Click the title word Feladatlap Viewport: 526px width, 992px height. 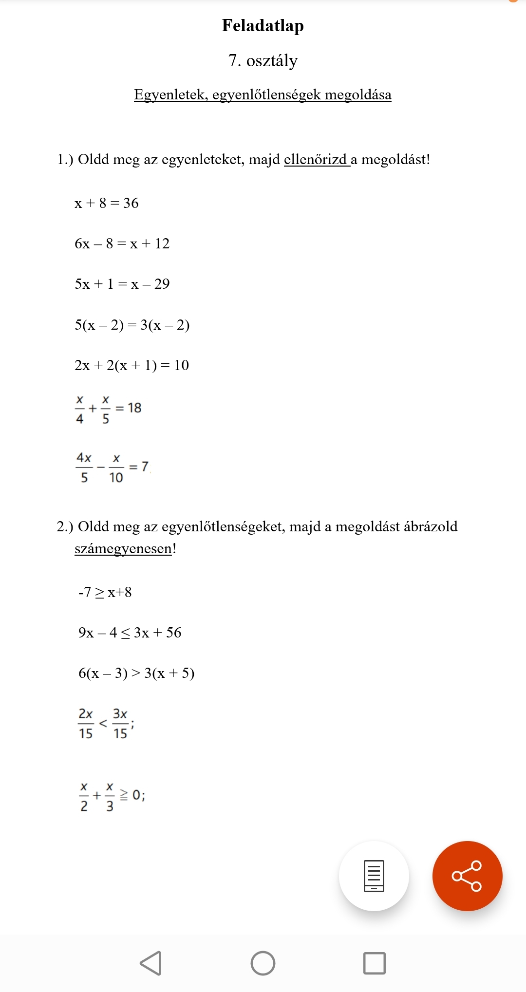(x=263, y=25)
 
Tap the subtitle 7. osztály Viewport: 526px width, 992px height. (x=263, y=61)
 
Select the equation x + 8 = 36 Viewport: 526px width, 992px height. (x=107, y=203)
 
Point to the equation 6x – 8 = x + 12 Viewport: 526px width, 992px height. (x=122, y=243)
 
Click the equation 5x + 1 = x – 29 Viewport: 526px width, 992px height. (x=122, y=284)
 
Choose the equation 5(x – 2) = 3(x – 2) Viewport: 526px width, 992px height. (x=131, y=325)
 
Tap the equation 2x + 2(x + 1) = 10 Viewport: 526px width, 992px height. (x=131, y=365)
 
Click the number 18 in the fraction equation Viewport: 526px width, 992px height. (x=134, y=408)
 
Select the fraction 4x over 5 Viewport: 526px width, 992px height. (x=84, y=468)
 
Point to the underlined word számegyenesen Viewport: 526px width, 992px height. (x=123, y=549)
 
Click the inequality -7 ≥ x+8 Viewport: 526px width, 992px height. (x=105, y=593)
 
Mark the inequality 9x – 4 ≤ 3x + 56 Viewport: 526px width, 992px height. (x=130, y=633)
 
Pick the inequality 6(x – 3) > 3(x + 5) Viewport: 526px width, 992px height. (x=136, y=673)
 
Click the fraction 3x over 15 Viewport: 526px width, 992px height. (x=120, y=724)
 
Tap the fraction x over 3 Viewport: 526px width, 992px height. (x=110, y=797)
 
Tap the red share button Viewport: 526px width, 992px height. (x=467, y=876)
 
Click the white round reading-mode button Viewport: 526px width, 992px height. (x=374, y=876)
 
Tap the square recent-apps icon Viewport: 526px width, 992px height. (x=374, y=963)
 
